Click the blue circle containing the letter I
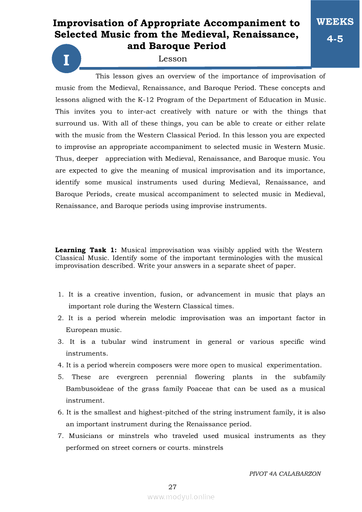click(x=67, y=60)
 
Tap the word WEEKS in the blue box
click(x=335, y=22)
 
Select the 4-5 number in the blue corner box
click(x=335, y=39)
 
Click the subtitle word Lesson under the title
click(x=173, y=59)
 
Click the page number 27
click(x=172, y=487)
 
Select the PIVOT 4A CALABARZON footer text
click(x=285, y=473)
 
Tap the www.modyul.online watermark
click(x=181, y=497)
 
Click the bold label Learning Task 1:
click(x=86, y=250)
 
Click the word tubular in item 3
click(x=114, y=342)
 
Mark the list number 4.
click(x=60, y=365)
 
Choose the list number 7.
click(x=60, y=436)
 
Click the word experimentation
click(x=294, y=365)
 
